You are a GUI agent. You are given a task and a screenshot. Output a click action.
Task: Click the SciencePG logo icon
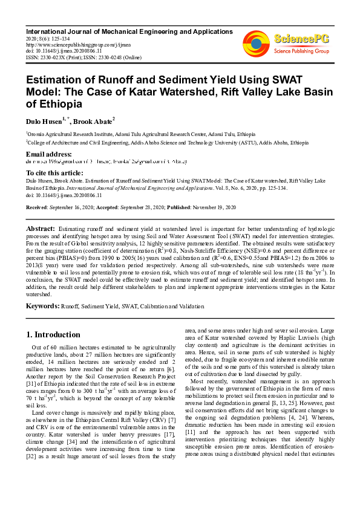pyautogui.click(x=256, y=43)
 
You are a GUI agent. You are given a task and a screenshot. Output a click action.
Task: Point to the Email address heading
pyautogui.click(x=49, y=155)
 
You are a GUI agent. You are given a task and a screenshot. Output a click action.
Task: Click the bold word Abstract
pyautogui.click(x=41, y=230)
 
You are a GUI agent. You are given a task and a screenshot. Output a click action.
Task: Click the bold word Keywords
pyautogui.click(x=42, y=306)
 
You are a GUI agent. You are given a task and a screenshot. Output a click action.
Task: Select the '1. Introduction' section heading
pyautogui.click(x=54, y=334)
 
